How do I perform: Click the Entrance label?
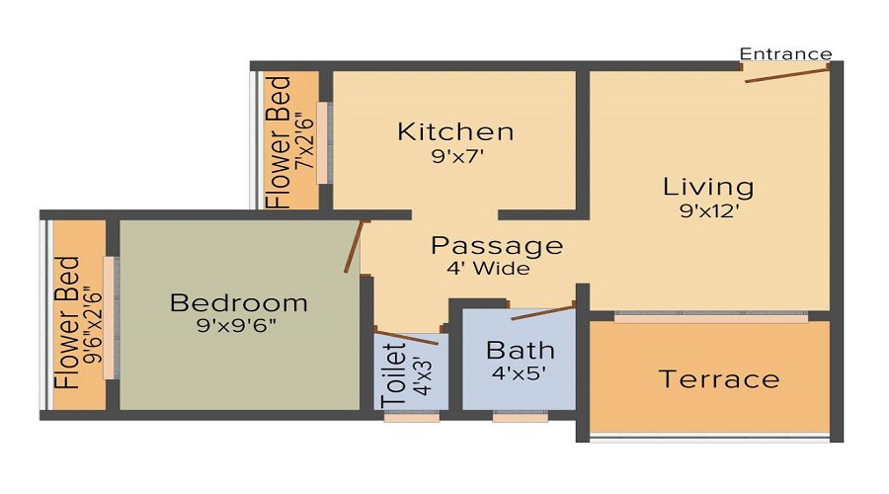click(785, 53)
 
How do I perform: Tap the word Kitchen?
click(455, 131)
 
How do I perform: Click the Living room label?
click(708, 187)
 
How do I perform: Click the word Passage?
click(497, 246)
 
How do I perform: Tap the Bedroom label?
click(238, 303)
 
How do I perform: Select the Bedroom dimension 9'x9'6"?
click(238, 325)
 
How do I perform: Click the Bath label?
click(521, 351)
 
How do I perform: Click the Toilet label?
click(392, 374)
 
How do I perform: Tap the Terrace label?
click(719, 379)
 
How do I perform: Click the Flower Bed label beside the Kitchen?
click(281, 140)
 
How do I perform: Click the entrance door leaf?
click(786, 74)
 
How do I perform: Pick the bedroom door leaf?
click(355, 246)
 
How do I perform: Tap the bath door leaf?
click(542, 313)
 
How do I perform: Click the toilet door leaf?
click(408, 336)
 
